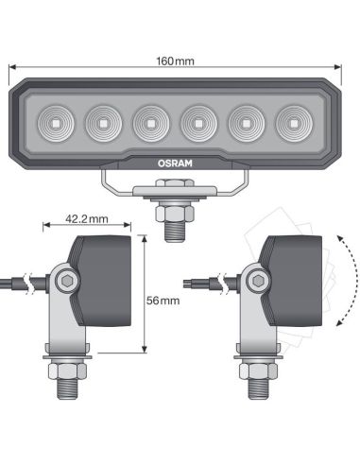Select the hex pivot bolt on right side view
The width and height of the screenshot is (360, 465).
click(254, 281)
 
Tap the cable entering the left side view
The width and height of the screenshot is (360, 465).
click(19, 282)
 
